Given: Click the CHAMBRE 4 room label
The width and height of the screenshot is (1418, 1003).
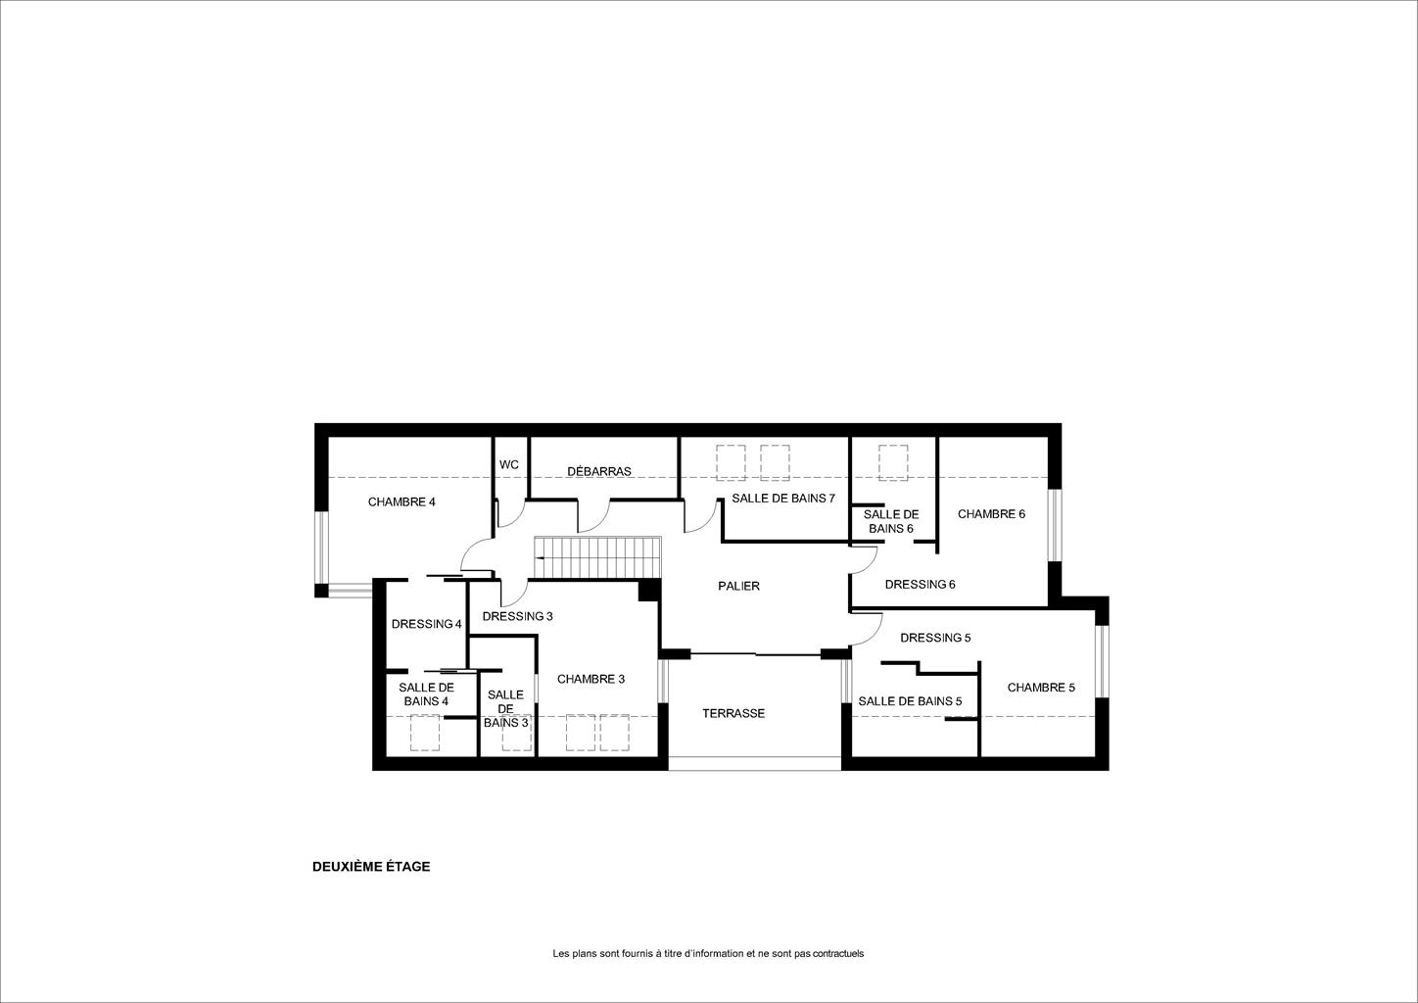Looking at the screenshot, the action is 402,502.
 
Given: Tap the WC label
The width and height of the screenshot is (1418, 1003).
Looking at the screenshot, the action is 509,465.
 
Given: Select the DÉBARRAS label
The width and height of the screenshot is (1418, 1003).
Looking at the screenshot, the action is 599,471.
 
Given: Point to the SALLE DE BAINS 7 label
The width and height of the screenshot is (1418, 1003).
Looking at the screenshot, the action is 783,499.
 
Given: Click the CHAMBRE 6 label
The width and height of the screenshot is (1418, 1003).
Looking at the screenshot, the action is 991,514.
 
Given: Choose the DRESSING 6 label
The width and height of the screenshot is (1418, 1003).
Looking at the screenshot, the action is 920,585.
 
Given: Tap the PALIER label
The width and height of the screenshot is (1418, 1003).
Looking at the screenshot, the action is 738,587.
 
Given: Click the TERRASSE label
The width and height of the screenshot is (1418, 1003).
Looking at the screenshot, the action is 733,714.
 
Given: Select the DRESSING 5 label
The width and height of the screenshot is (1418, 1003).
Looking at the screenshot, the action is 935,638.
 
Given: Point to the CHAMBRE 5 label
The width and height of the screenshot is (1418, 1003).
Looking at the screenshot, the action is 1041,688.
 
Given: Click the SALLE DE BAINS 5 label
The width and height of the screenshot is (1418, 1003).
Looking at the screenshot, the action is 910,701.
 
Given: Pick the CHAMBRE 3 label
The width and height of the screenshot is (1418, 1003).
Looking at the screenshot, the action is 591,680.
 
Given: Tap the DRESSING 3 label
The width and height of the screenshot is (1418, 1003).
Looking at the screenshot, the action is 517,616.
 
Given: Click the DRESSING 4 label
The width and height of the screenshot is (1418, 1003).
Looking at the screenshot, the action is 427,624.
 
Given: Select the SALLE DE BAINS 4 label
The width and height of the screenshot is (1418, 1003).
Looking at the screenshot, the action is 427,694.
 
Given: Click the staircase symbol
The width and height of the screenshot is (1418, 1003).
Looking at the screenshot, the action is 597,557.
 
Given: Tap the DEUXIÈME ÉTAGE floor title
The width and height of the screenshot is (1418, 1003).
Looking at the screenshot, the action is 371,867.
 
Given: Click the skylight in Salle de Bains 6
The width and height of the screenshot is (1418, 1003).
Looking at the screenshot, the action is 893,463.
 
